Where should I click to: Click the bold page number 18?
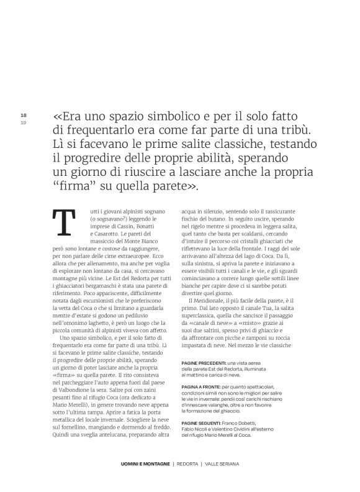click(x=24, y=116)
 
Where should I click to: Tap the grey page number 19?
click(x=24, y=122)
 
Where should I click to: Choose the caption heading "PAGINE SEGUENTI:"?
click(x=203, y=423)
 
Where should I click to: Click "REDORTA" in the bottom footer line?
click(x=187, y=463)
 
